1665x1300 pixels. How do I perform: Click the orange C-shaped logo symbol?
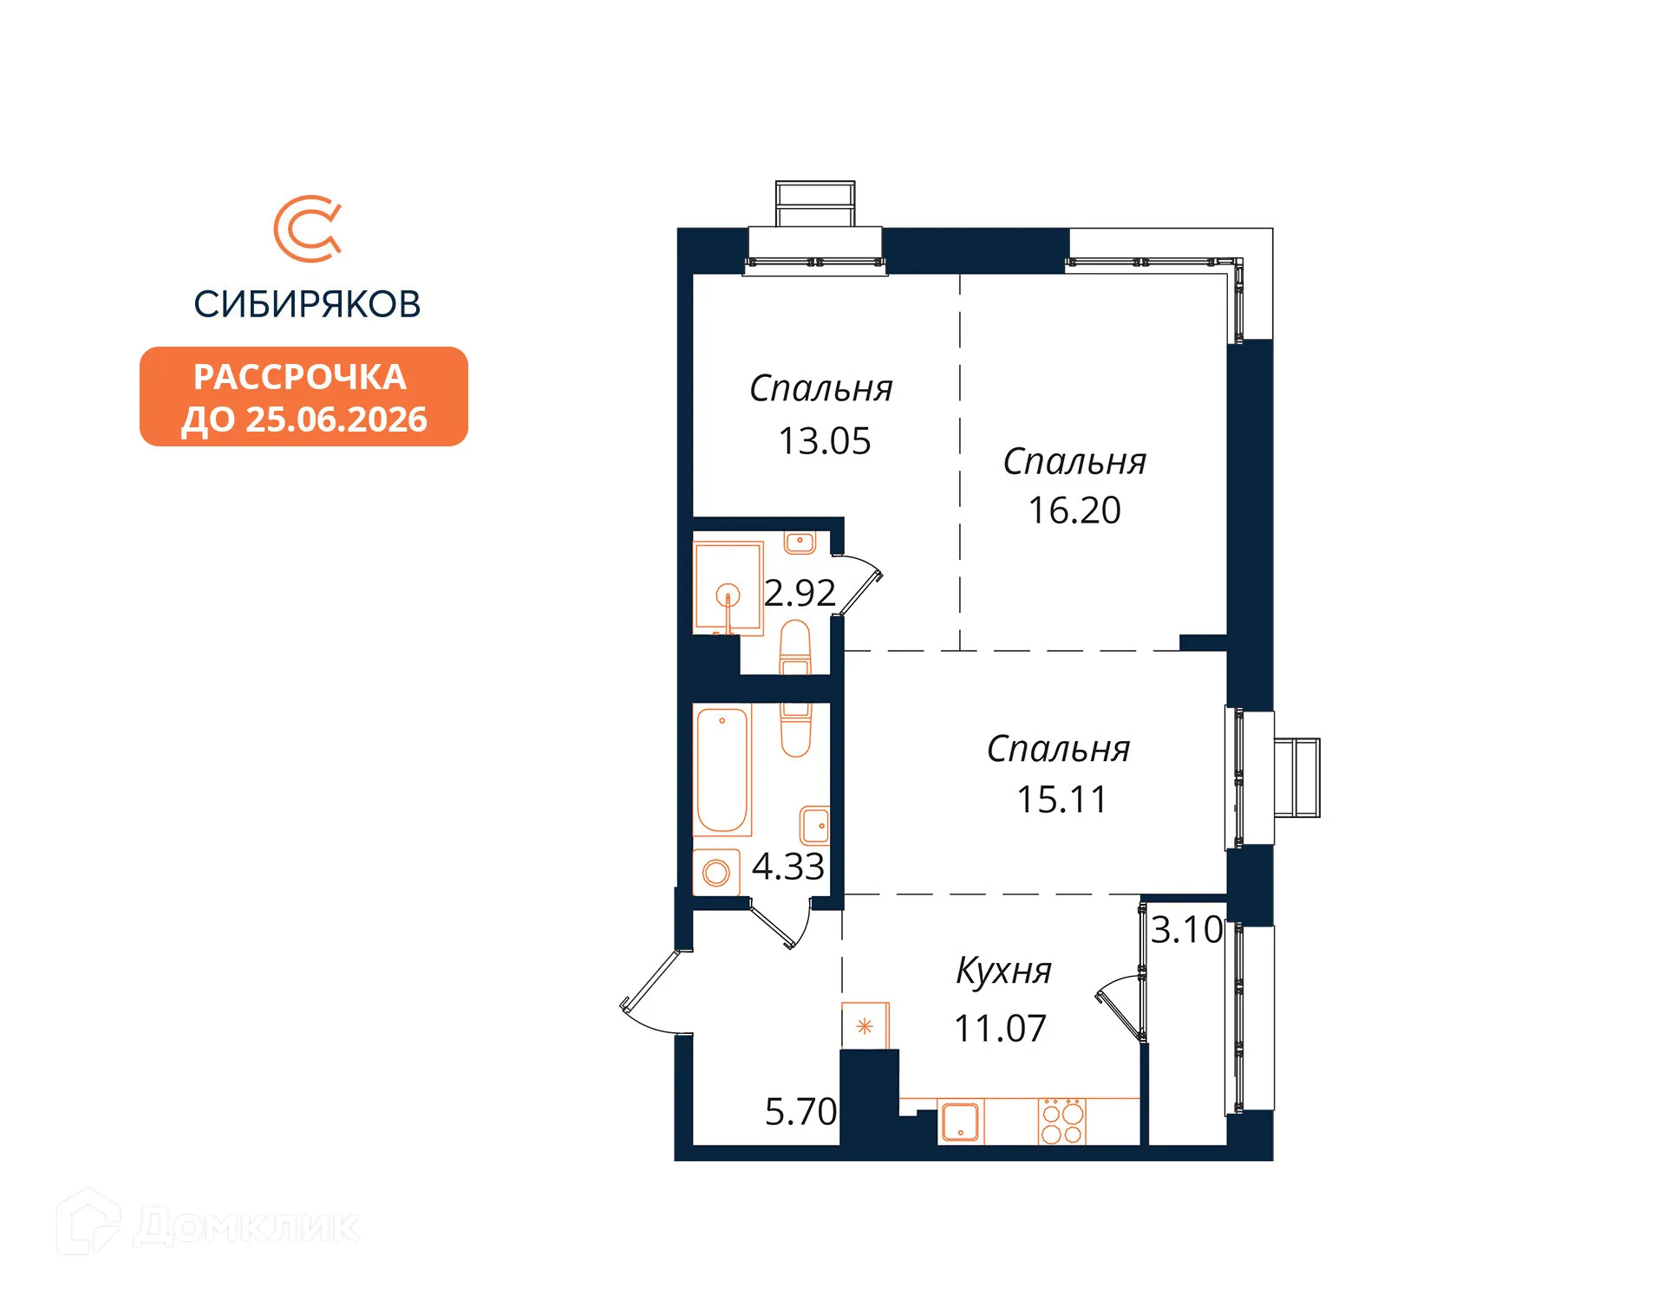307,229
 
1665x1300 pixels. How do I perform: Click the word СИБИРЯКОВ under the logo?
307,304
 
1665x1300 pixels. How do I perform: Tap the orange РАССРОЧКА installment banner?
304,397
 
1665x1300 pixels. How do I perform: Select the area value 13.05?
824,441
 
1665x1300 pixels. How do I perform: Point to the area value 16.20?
1074,510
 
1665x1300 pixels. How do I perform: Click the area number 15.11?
1061,799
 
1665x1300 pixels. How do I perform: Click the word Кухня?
1003,971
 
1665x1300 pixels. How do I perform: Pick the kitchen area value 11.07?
1000,1029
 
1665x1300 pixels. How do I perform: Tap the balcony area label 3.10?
1186,930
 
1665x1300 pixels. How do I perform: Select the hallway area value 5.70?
800,1112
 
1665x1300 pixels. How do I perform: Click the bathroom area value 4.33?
787,867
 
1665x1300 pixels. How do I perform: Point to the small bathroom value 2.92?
800,593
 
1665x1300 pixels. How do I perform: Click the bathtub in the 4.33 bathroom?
721,770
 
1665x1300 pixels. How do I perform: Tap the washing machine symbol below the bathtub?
716,872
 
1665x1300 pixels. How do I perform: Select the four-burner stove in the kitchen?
1062,1122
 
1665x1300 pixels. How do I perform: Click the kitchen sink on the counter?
961,1122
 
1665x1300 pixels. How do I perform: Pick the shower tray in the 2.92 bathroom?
728,588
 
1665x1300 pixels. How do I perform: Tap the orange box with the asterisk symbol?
865,1026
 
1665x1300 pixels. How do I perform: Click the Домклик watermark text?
246,1226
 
